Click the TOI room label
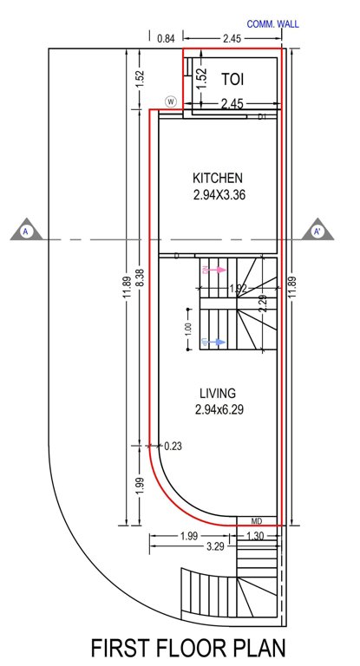232,79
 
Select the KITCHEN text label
219,178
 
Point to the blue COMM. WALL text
272,24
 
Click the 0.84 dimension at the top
167,39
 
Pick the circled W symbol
171,101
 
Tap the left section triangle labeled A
26,231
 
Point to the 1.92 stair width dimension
238,289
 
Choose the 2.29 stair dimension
262,304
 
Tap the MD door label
257,520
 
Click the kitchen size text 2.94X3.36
219,196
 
